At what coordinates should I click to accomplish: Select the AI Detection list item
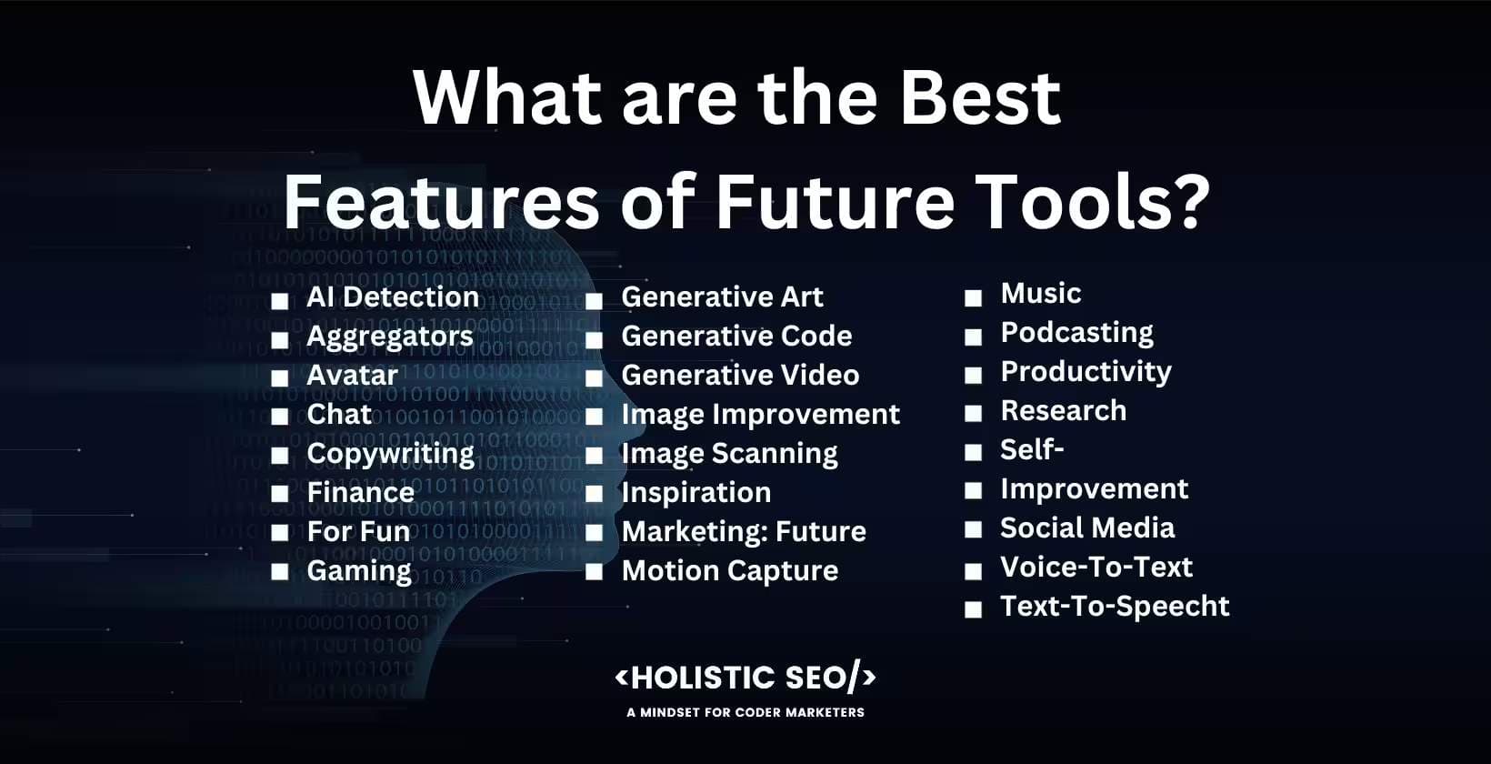392,297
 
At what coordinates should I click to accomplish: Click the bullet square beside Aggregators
280,339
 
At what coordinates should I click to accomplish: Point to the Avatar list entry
352,375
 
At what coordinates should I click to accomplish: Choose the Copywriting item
390,454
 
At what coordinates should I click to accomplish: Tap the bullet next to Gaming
280,572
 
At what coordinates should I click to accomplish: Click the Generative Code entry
736,337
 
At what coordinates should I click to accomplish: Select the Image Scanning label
729,454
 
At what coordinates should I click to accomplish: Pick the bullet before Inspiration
594,495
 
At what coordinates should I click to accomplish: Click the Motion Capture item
729,571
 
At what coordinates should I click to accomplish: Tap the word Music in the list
1040,294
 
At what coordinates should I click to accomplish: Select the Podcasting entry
1076,333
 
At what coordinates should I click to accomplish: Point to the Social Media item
1086,528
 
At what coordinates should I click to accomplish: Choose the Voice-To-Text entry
1096,568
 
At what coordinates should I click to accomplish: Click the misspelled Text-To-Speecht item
1114,607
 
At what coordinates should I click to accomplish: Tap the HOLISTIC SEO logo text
745,678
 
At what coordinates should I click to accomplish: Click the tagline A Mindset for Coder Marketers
745,712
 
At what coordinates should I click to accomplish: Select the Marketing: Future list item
743,532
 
